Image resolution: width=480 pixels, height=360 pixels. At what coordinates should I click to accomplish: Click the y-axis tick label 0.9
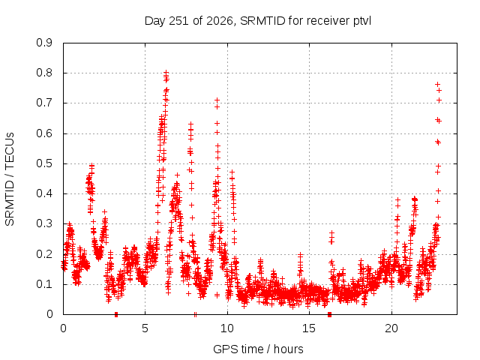[x=44, y=43]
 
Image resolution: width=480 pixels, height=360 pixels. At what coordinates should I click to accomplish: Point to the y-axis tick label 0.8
[x=44, y=73]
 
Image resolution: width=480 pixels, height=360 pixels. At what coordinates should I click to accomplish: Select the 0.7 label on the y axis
[x=44, y=103]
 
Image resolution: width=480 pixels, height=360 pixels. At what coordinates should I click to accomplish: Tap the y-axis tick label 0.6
[x=44, y=133]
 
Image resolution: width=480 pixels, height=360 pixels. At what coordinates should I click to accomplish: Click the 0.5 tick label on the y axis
[x=44, y=163]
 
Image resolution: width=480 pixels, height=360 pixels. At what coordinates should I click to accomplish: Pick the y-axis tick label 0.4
[x=44, y=193]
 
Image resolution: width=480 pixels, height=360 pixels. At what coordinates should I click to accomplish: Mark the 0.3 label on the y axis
[x=44, y=223]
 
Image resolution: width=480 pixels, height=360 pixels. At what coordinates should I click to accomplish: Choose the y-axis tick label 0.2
[x=44, y=253]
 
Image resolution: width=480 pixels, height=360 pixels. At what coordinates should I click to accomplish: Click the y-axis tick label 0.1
[x=44, y=283]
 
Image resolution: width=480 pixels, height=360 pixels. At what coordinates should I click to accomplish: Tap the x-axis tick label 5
[x=145, y=328]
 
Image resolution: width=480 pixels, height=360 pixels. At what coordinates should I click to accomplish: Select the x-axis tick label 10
[x=227, y=328]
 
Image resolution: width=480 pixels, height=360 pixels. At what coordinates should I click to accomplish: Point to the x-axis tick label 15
[x=309, y=328]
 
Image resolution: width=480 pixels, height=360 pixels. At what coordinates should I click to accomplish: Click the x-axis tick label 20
[x=391, y=328]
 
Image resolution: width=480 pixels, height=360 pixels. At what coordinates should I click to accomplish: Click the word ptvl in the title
[x=362, y=21]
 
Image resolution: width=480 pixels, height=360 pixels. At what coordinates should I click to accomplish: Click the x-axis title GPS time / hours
[x=258, y=349]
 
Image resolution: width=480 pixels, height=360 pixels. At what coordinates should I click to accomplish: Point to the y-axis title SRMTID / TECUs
[x=10, y=179]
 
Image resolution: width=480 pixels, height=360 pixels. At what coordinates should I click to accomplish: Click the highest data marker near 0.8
[x=166, y=73]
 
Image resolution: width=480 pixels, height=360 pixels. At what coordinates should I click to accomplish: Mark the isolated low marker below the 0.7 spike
[x=217, y=295]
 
